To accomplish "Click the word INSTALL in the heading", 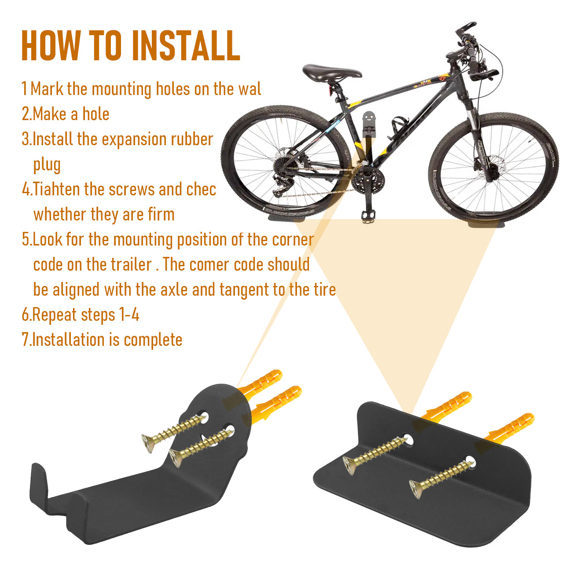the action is (186, 45).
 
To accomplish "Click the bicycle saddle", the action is (332, 72).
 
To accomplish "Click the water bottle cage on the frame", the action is (398, 128).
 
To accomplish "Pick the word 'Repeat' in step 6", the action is (54, 315).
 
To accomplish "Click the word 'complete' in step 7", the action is (153, 340).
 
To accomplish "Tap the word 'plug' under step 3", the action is (47, 165).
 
